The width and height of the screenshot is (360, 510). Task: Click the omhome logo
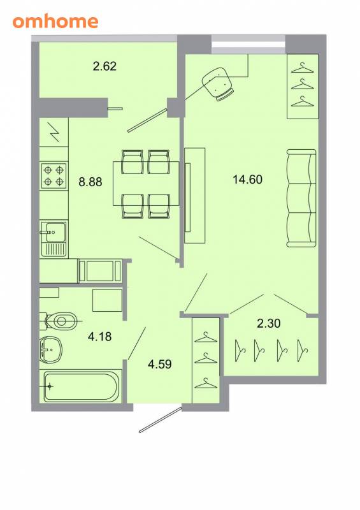[x=55, y=22]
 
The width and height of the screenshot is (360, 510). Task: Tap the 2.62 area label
[x=104, y=66]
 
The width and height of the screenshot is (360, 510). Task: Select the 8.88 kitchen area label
[x=90, y=182]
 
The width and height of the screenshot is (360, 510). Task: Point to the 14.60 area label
[x=247, y=179]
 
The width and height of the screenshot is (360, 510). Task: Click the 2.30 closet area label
[x=269, y=323]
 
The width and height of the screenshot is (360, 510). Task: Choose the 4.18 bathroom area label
[x=100, y=337]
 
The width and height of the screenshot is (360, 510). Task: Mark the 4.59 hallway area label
[x=160, y=363]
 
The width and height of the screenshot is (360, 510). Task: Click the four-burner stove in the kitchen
[x=54, y=176]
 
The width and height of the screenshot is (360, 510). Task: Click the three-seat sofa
[x=301, y=198]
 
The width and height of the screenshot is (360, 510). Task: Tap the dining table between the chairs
[x=146, y=184]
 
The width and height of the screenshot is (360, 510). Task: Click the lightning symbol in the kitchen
[x=54, y=132]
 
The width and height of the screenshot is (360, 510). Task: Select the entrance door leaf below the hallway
[x=161, y=419]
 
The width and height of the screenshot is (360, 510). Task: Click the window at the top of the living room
[x=248, y=45]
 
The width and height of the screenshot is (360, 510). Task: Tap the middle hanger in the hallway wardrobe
[x=206, y=358]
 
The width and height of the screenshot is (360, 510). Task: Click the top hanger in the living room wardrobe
[x=303, y=68]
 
